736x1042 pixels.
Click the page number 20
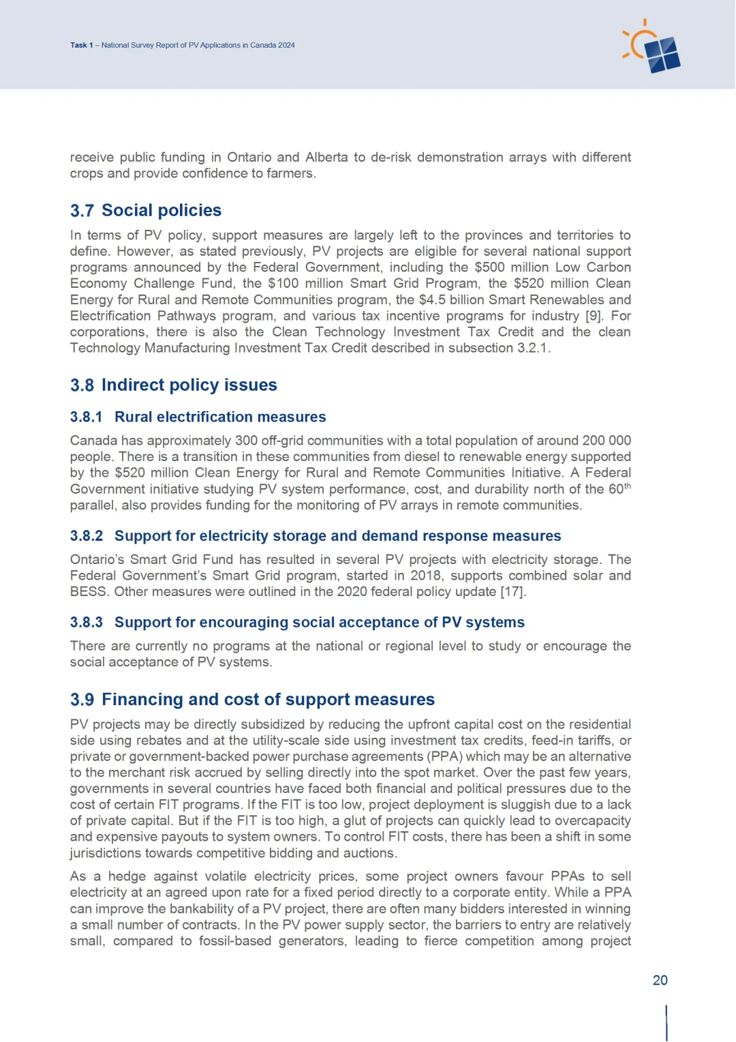660,980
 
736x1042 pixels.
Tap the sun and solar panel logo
652,48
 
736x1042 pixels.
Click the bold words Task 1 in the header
81,45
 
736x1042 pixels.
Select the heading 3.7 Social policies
146,210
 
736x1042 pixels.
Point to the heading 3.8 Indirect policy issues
173,385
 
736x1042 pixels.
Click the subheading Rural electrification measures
220,417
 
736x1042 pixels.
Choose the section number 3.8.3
86,622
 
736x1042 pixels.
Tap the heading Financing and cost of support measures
268,699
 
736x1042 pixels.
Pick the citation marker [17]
512,591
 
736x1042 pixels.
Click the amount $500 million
511,267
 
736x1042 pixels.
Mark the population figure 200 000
607,441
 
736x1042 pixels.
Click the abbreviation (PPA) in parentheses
444,756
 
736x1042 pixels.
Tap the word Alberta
326,158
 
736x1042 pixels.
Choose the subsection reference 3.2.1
531,348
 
